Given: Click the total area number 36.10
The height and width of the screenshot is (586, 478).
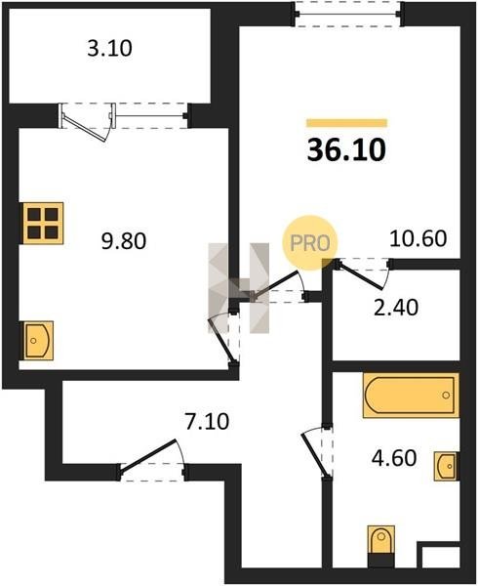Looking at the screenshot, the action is [346, 149].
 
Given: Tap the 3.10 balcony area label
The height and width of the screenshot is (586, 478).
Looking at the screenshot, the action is [109, 49].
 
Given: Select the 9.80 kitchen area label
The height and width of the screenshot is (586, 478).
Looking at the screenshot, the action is [124, 241].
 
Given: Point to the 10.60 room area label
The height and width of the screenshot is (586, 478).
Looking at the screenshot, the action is [418, 238].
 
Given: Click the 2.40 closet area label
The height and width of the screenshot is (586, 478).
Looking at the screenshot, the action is [396, 308].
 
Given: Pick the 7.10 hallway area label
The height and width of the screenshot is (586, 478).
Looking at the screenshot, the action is [207, 422].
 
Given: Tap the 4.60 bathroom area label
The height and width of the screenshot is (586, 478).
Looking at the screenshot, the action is [394, 458].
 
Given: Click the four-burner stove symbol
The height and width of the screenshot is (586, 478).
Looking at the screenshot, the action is [43, 223].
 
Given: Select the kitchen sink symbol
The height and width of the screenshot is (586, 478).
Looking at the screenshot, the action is [38, 341].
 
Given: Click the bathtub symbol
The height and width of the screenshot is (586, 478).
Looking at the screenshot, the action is [411, 396].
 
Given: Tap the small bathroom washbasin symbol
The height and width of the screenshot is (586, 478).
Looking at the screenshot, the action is [446, 466].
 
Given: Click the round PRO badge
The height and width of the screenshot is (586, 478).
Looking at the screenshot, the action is [310, 243].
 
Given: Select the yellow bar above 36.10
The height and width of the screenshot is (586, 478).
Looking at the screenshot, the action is [346, 123].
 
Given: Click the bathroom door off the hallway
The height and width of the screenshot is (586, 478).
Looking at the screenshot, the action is [317, 452].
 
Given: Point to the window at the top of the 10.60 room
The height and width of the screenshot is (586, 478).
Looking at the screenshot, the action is [348, 15].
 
